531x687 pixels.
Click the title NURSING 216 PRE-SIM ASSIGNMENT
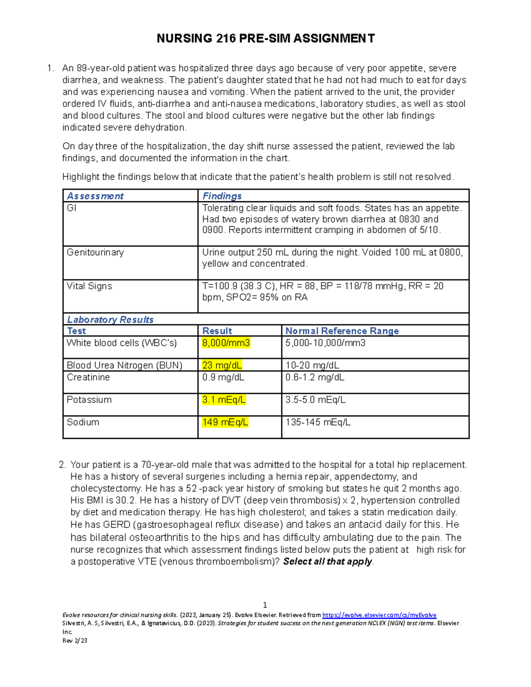[265, 38]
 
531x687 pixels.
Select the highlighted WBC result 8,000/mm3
[226, 343]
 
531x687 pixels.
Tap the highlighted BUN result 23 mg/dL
[222, 365]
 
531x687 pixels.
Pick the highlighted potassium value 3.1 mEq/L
[223, 400]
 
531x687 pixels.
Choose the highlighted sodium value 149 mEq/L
[225, 422]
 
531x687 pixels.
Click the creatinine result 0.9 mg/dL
[223, 377]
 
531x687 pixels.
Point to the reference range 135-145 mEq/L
[318, 422]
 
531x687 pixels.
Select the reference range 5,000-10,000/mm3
[325, 343]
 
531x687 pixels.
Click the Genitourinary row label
[95, 253]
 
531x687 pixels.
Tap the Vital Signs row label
[89, 286]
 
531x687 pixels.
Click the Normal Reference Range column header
[342, 331]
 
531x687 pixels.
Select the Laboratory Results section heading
[110, 319]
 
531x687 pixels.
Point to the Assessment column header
[95, 196]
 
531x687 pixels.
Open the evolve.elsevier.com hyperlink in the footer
[379, 615]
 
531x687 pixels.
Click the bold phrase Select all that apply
[328, 562]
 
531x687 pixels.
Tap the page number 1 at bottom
[265, 605]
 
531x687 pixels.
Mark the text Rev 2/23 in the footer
[75, 641]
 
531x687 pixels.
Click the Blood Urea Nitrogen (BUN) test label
[124, 365]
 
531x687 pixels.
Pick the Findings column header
[222, 196]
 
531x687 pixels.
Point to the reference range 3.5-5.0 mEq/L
[315, 400]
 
